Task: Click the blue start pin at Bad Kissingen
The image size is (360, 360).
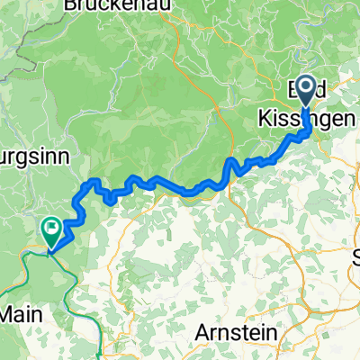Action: pyautogui.click(x=306, y=90)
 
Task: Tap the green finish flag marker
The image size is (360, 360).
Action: pyautogui.click(x=52, y=229)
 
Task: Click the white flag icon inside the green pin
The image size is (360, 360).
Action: pyautogui.click(x=52, y=228)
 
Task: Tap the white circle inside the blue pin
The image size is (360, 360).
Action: pyautogui.click(x=306, y=88)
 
